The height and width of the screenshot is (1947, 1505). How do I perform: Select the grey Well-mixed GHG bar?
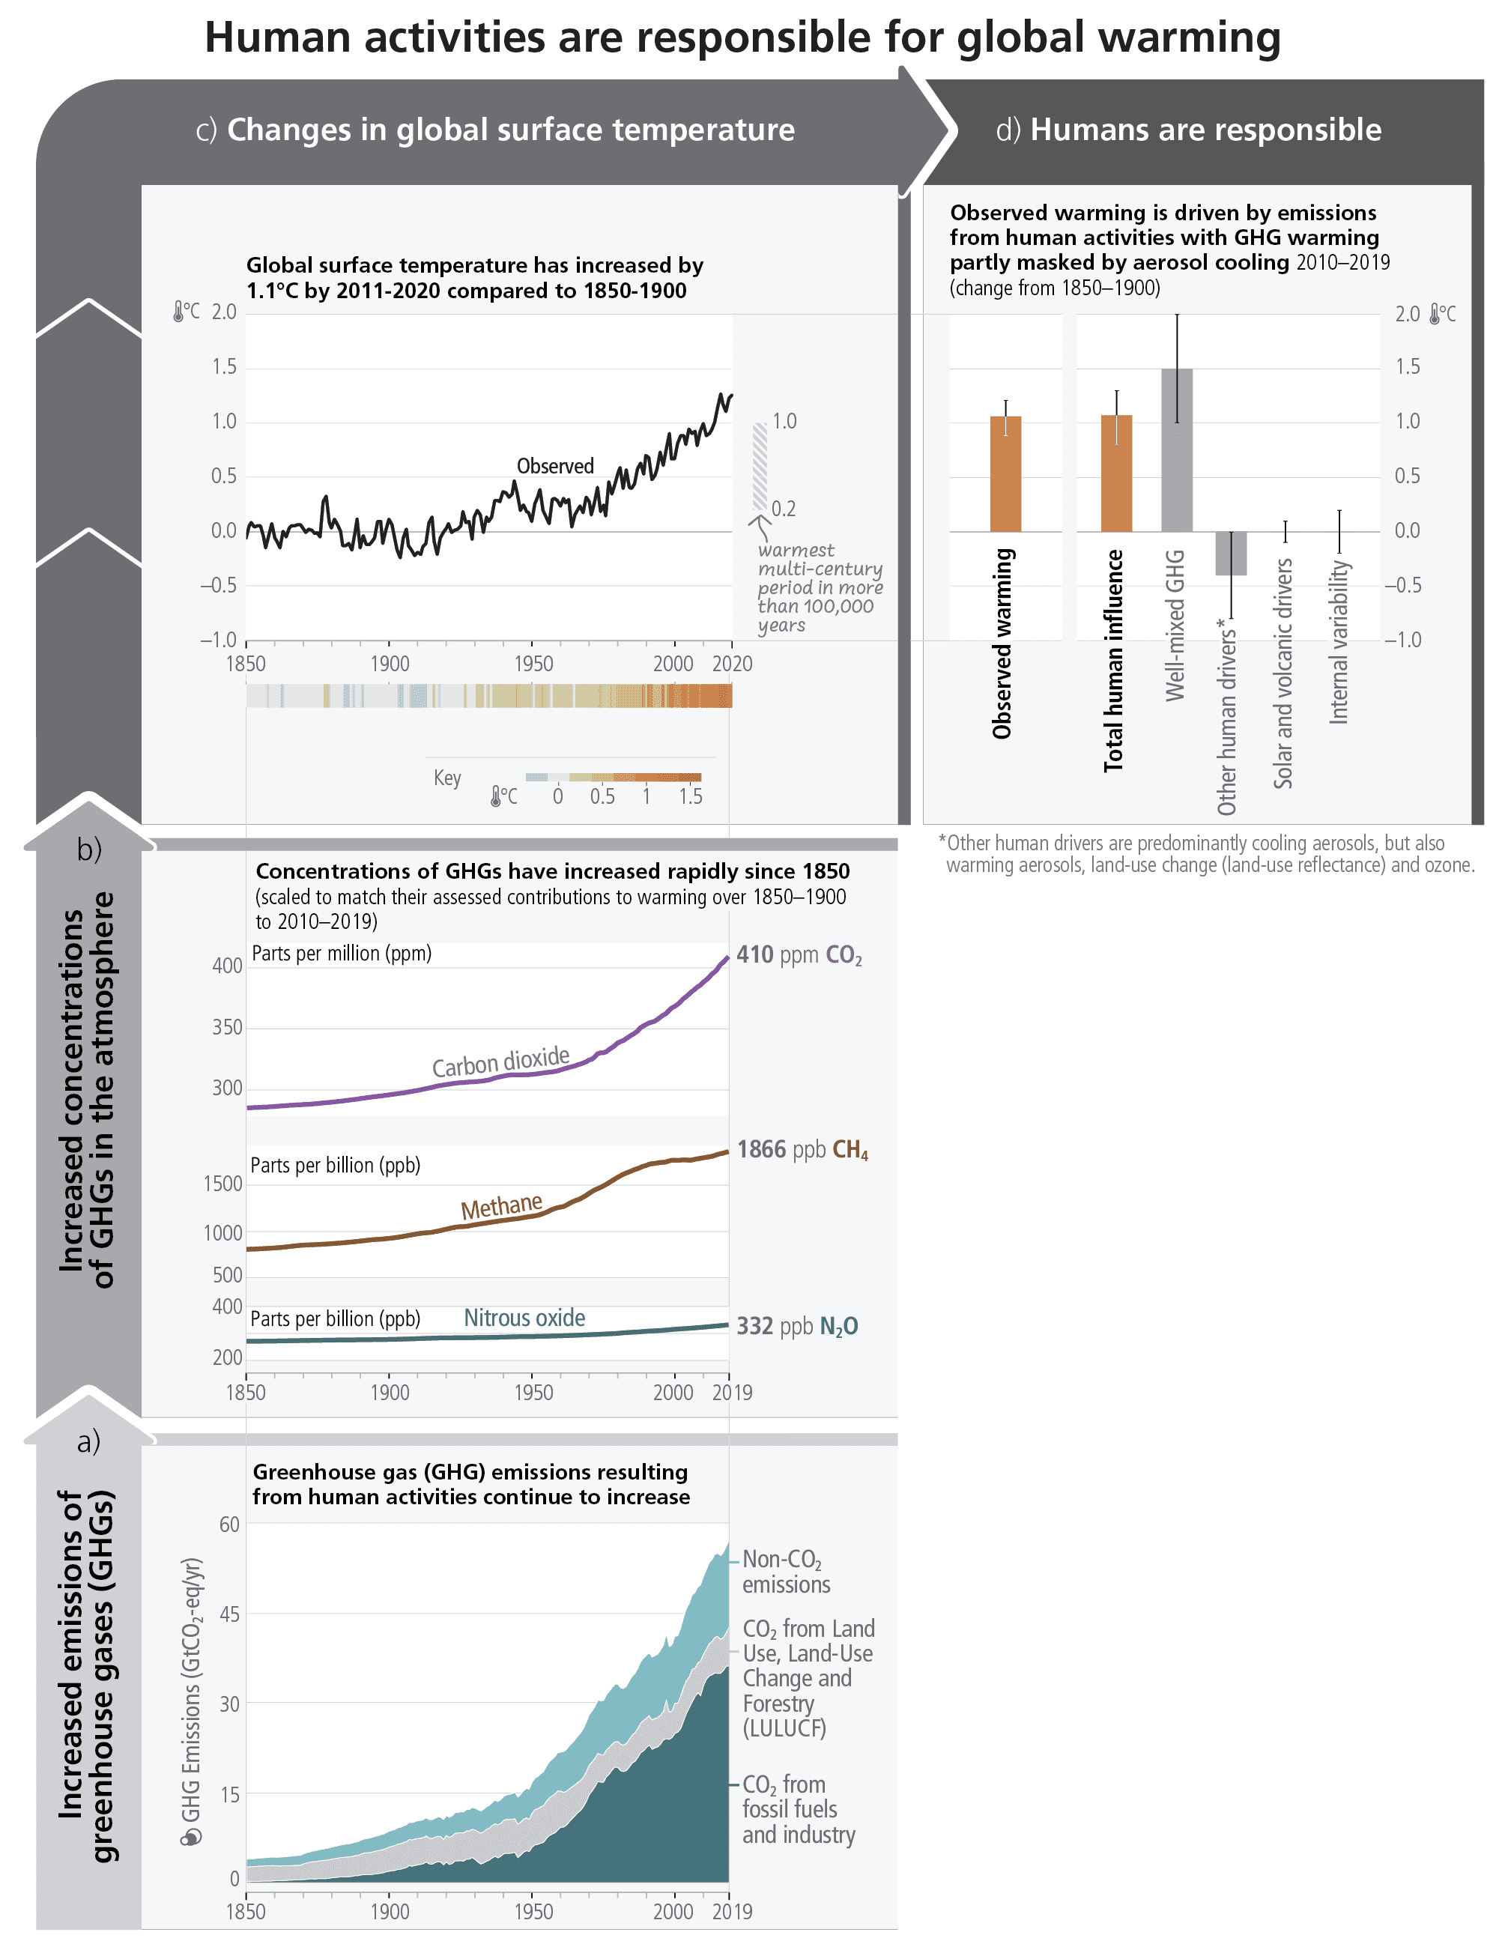[x=1176, y=450]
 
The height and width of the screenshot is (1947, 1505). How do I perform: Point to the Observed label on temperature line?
[x=554, y=466]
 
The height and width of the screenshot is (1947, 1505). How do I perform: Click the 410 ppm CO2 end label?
[x=798, y=955]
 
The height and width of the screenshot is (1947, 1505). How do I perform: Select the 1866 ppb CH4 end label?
[x=802, y=1150]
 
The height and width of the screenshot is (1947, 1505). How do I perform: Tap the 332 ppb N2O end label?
[x=796, y=1327]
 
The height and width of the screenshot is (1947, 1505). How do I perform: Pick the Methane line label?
[x=501, y=1207]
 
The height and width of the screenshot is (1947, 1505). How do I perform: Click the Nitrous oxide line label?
[x=524, y=1318]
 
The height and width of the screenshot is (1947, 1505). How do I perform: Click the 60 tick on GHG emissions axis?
[x=229, y=1524]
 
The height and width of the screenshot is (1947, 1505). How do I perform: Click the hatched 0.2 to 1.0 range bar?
[x=760, y=466]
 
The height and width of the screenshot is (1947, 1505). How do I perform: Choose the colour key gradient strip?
[x=614, y=778]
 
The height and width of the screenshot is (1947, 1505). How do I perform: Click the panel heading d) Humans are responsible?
[x=1187, y=130]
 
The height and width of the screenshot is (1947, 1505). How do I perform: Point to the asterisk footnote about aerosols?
[x=1205, y=854]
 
